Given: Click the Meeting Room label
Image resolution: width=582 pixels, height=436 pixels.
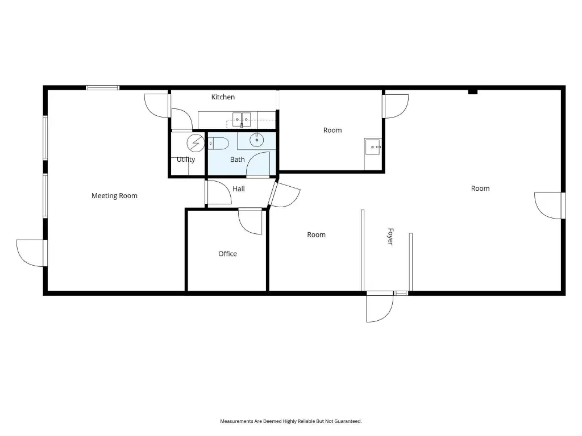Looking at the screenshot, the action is pyautogui.click(x=114, y=196).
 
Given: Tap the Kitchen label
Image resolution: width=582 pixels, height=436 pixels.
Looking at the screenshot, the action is pyautogui.click(x=223, y=97).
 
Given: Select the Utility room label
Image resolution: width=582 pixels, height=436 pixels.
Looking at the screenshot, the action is pyautogui.click(x=186, y=160).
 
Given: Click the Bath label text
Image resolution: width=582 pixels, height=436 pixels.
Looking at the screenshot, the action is pyautogui.click(x=237, y=160).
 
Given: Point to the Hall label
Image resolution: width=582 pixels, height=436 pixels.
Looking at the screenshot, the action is pyautogui.click(x=238, y=188).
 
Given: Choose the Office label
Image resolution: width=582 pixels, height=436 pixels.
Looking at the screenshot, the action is pyautogui.click(x=227, y=254).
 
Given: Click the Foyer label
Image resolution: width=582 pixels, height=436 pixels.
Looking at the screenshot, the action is pyautogui.click(x=390, y=237).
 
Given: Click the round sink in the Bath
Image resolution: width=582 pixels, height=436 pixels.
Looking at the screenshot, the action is pyautogui.click(x=256, y=140).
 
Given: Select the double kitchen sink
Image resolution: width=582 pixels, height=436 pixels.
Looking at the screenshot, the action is pyautogui.click(x=241, y=119).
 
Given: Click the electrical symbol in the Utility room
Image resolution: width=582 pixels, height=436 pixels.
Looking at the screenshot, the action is pyautogui.click(x=196, y=143).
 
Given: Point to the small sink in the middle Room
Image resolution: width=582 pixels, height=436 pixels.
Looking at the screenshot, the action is pyautogui.click(x=373, y=147).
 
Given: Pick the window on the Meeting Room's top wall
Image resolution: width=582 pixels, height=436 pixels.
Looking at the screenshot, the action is pyautogui.click(x=102, y=88).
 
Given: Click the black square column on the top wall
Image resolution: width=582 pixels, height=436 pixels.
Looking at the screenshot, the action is pyautogui.click(x=472, y=91).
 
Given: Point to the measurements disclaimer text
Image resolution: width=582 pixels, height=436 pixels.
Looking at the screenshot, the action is pyautogui.click(x=290, y=421).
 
